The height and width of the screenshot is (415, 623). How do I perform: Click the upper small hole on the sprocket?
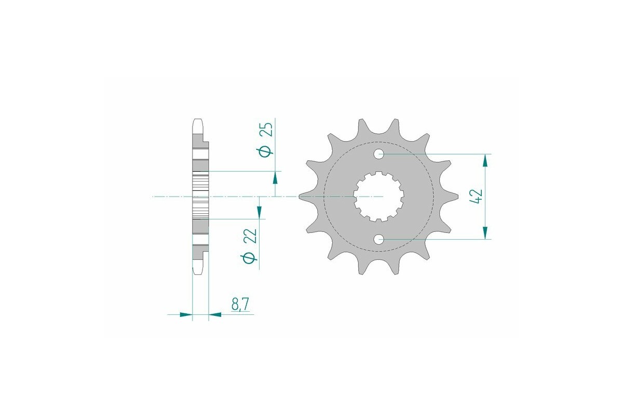(x=379, y=154)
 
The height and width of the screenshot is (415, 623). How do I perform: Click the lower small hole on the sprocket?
(x=379, y=239)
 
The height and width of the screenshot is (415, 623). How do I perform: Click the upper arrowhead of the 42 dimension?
(x=485, y=160)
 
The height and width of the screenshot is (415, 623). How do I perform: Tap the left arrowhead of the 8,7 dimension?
(x=186, y=314)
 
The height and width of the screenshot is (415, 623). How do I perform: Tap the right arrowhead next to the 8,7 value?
(x=215, y=314)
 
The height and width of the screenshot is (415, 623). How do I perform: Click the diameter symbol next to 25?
(x=265, y=151)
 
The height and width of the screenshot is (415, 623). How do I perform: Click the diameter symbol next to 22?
(x=250, y=258)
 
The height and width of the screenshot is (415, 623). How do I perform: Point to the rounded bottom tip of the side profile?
(x=197, y=270)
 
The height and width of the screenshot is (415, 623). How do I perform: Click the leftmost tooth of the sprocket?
(x=304, y=197)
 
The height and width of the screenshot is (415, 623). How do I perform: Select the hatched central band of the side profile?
(x=200, y=197)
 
